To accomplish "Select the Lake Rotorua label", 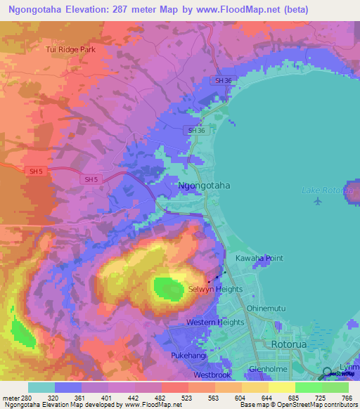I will [x=326, y=190].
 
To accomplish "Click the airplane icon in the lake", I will [x=317, y=202].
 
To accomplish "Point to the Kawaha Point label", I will [x=259, y=259].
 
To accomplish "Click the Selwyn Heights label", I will [x=215, y=289].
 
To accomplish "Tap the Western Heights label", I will [x=215, y=323].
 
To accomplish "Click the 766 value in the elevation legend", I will [x=345, y=397].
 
